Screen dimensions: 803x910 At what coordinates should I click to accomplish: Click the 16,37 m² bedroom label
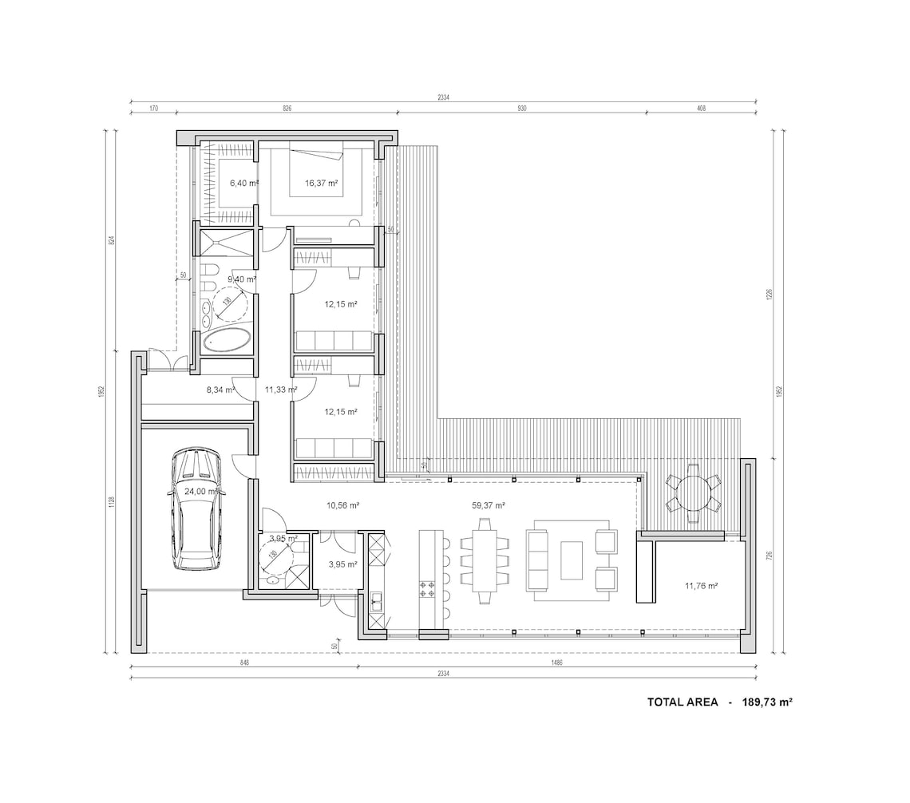321,183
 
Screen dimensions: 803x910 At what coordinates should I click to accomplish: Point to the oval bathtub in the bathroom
227,341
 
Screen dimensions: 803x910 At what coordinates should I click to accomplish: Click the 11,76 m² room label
701,586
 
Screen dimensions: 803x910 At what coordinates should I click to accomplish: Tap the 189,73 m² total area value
766,702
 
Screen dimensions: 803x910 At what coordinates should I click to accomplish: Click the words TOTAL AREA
682,702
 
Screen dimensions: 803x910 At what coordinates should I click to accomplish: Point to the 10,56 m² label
342,505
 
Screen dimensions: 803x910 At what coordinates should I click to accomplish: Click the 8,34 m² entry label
220,390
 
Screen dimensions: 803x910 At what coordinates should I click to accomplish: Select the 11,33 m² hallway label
281,390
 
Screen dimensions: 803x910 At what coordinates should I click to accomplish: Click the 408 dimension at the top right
701,107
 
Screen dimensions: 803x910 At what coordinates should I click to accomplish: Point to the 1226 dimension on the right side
770,294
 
